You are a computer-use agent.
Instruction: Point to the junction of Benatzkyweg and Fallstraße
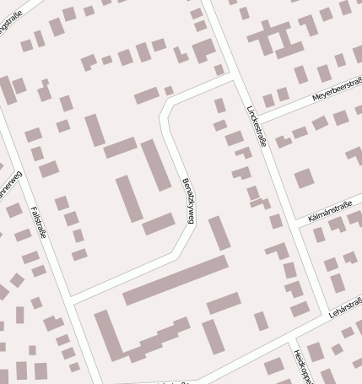(x=71, y=300)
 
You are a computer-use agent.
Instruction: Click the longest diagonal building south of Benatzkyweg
(x=176, y=281)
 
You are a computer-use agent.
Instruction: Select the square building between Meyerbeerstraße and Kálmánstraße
(x=304, y=178)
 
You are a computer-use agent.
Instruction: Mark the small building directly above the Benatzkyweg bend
(x=169, y=89)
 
